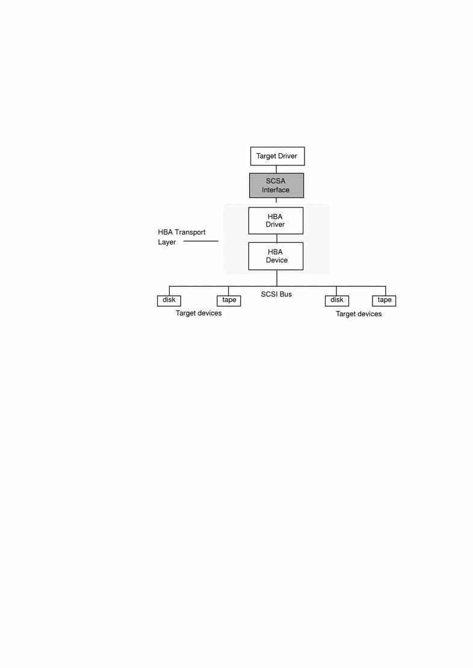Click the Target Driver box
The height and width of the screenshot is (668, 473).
(x=277, y=156)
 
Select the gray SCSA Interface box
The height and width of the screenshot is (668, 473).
(x=276, y=185)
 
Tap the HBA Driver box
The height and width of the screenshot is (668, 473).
(x=276, y=220)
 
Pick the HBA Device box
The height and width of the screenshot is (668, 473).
(x=276, y=256)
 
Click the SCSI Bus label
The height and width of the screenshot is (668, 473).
(x=276, y=295)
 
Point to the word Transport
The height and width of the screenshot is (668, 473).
(x=191, y=231)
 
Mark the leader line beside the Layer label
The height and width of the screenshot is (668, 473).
(x=200, y=242)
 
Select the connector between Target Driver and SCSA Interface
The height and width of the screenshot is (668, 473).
(x=277, y=169)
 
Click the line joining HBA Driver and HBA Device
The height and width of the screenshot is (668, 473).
(x=277, y=238)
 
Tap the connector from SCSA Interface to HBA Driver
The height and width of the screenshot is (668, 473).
(x=277, y=202)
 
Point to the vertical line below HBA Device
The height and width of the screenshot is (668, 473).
(x=277, y=277)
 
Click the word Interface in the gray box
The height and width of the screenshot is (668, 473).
(x=276, y=190)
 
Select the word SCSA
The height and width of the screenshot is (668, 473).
(x=276, y=180)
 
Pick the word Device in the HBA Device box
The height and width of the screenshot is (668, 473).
(x=277, y=260)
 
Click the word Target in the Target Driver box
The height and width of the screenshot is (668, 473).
(x=266, y=156)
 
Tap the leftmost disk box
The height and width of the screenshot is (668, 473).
(x=169, y=300)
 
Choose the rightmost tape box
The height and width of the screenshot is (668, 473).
(x=385, y=300)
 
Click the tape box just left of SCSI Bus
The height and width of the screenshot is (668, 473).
(x=229, y=300)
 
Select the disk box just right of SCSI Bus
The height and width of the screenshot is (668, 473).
(x=336, y=300)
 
